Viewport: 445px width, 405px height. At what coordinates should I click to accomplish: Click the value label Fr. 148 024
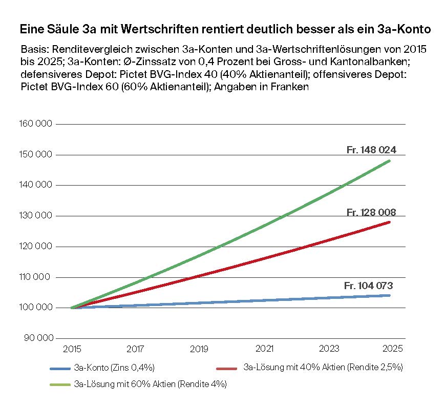point(371,150)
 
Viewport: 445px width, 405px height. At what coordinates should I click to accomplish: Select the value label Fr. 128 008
point(371,212)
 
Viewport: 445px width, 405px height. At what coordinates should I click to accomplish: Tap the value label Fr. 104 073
point(368,286)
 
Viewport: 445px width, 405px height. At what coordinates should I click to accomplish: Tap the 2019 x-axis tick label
point(199,349)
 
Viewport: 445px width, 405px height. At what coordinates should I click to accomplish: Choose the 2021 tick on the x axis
point(264,349)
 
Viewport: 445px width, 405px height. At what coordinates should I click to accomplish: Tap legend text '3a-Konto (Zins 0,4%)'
point(114,368)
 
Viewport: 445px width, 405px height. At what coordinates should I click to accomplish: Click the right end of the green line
point(390,160)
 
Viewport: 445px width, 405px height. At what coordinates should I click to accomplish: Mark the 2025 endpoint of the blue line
point(390,295)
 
